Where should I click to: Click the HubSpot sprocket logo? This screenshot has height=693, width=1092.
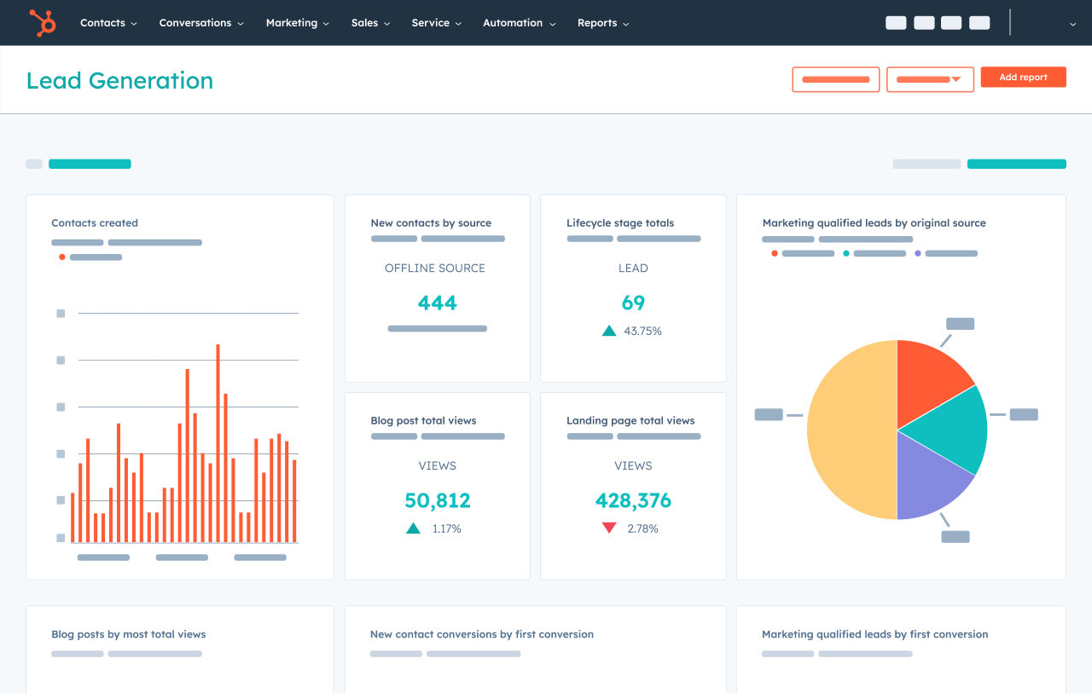42,23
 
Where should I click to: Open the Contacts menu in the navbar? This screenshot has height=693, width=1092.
107,23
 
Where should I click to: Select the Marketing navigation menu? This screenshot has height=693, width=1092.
296,23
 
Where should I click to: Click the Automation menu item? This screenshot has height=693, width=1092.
518,23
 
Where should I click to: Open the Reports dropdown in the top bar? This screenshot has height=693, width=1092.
602,23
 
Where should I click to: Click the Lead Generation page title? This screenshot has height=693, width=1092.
119,81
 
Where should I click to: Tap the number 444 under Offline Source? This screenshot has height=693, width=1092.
437,303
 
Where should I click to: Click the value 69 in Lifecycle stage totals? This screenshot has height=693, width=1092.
633,303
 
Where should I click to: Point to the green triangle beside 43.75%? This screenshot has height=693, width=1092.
609,331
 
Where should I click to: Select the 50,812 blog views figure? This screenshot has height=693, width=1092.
437,500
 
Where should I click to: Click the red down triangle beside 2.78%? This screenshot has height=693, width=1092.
609,528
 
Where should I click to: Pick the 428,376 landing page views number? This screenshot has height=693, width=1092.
633,500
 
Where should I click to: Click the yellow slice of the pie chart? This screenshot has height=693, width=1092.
849,430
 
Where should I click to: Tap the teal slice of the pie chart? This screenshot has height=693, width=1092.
951,430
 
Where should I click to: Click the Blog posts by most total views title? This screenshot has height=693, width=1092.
128,634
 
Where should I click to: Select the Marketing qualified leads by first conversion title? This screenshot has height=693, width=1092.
874,634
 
